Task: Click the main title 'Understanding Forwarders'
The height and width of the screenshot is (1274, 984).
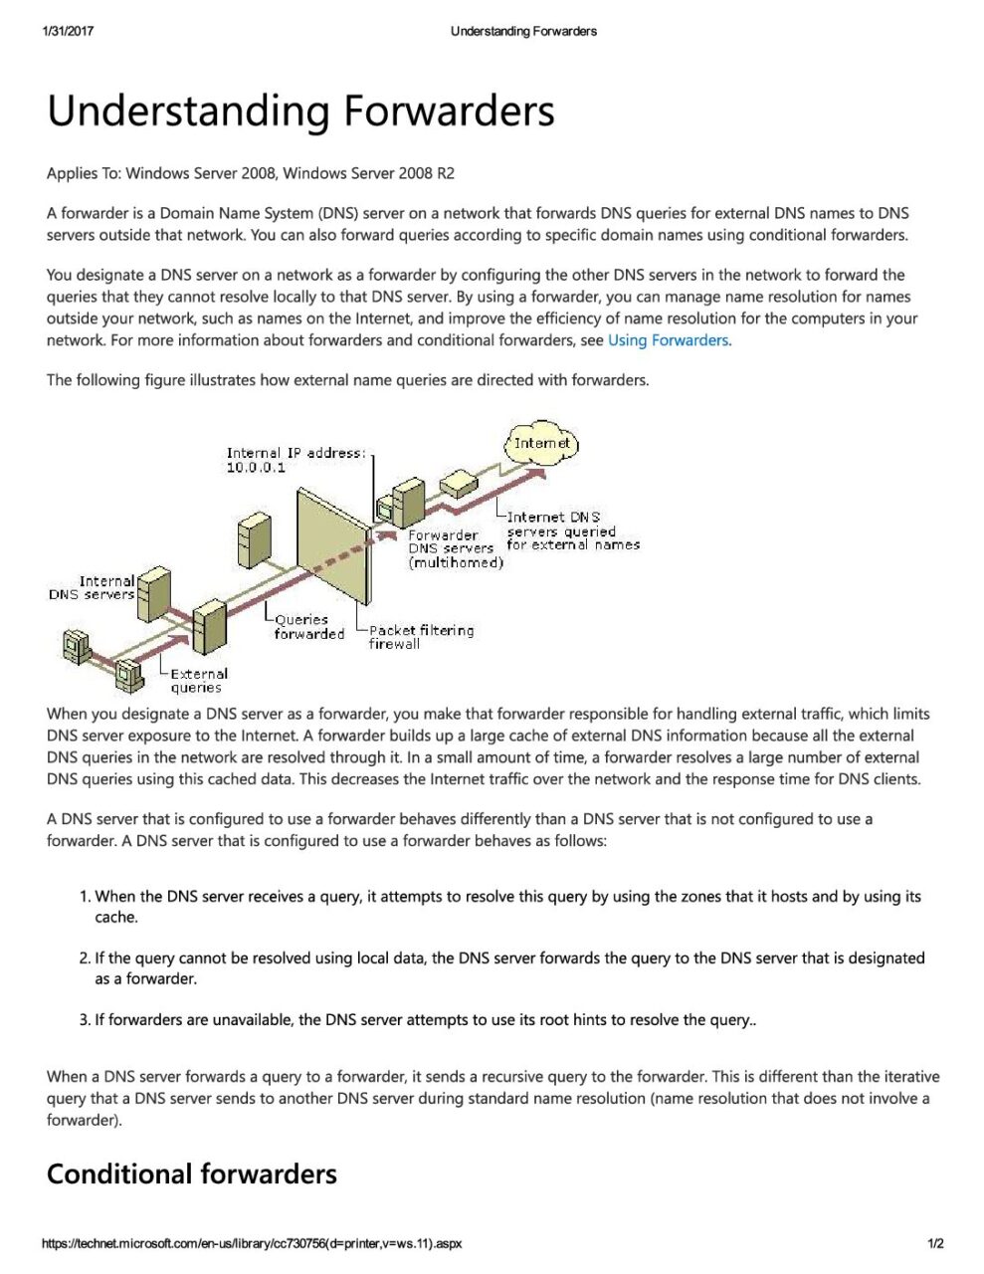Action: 300,110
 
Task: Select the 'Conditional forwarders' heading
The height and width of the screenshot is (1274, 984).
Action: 192,1174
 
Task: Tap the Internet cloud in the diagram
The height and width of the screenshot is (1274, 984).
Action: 542,444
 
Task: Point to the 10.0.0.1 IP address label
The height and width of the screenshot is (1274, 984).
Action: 256,468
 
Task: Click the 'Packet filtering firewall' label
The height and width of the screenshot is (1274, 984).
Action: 421,637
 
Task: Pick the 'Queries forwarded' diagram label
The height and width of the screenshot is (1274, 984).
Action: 308,627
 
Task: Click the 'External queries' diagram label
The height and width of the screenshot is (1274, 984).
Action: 198,681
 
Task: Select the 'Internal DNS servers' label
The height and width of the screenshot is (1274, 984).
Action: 94,588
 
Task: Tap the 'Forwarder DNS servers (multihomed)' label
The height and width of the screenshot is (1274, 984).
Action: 454,548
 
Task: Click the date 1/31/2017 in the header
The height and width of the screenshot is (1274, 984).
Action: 68,31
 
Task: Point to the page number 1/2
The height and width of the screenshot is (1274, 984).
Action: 935,1243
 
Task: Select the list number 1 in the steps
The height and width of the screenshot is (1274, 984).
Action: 85,897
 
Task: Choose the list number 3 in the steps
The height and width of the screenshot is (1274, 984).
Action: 85,1020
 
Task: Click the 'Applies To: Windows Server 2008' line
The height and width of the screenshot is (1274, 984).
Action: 250,173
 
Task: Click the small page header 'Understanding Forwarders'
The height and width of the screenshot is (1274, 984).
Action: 523,31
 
